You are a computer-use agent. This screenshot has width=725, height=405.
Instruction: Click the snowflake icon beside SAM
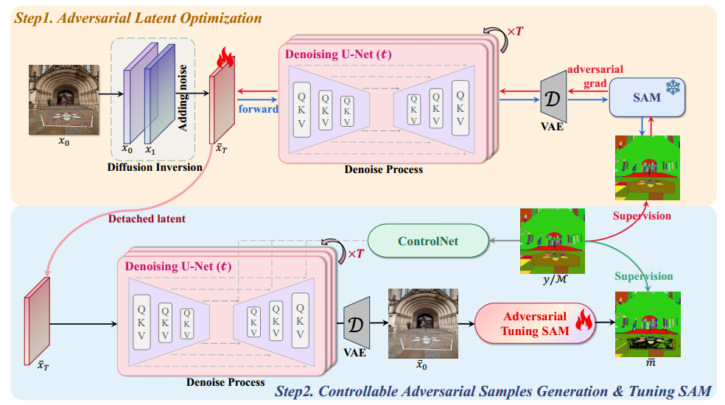pos(673,88)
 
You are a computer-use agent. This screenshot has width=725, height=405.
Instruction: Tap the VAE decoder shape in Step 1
pos(554,96)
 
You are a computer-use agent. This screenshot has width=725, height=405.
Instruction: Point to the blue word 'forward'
pos(258,110)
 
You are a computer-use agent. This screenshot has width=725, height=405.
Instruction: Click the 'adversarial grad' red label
pos(595,75)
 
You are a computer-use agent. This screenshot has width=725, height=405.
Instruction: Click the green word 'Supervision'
pos(644,276)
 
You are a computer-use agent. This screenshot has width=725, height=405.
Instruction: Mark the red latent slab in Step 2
pos(36,321)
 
